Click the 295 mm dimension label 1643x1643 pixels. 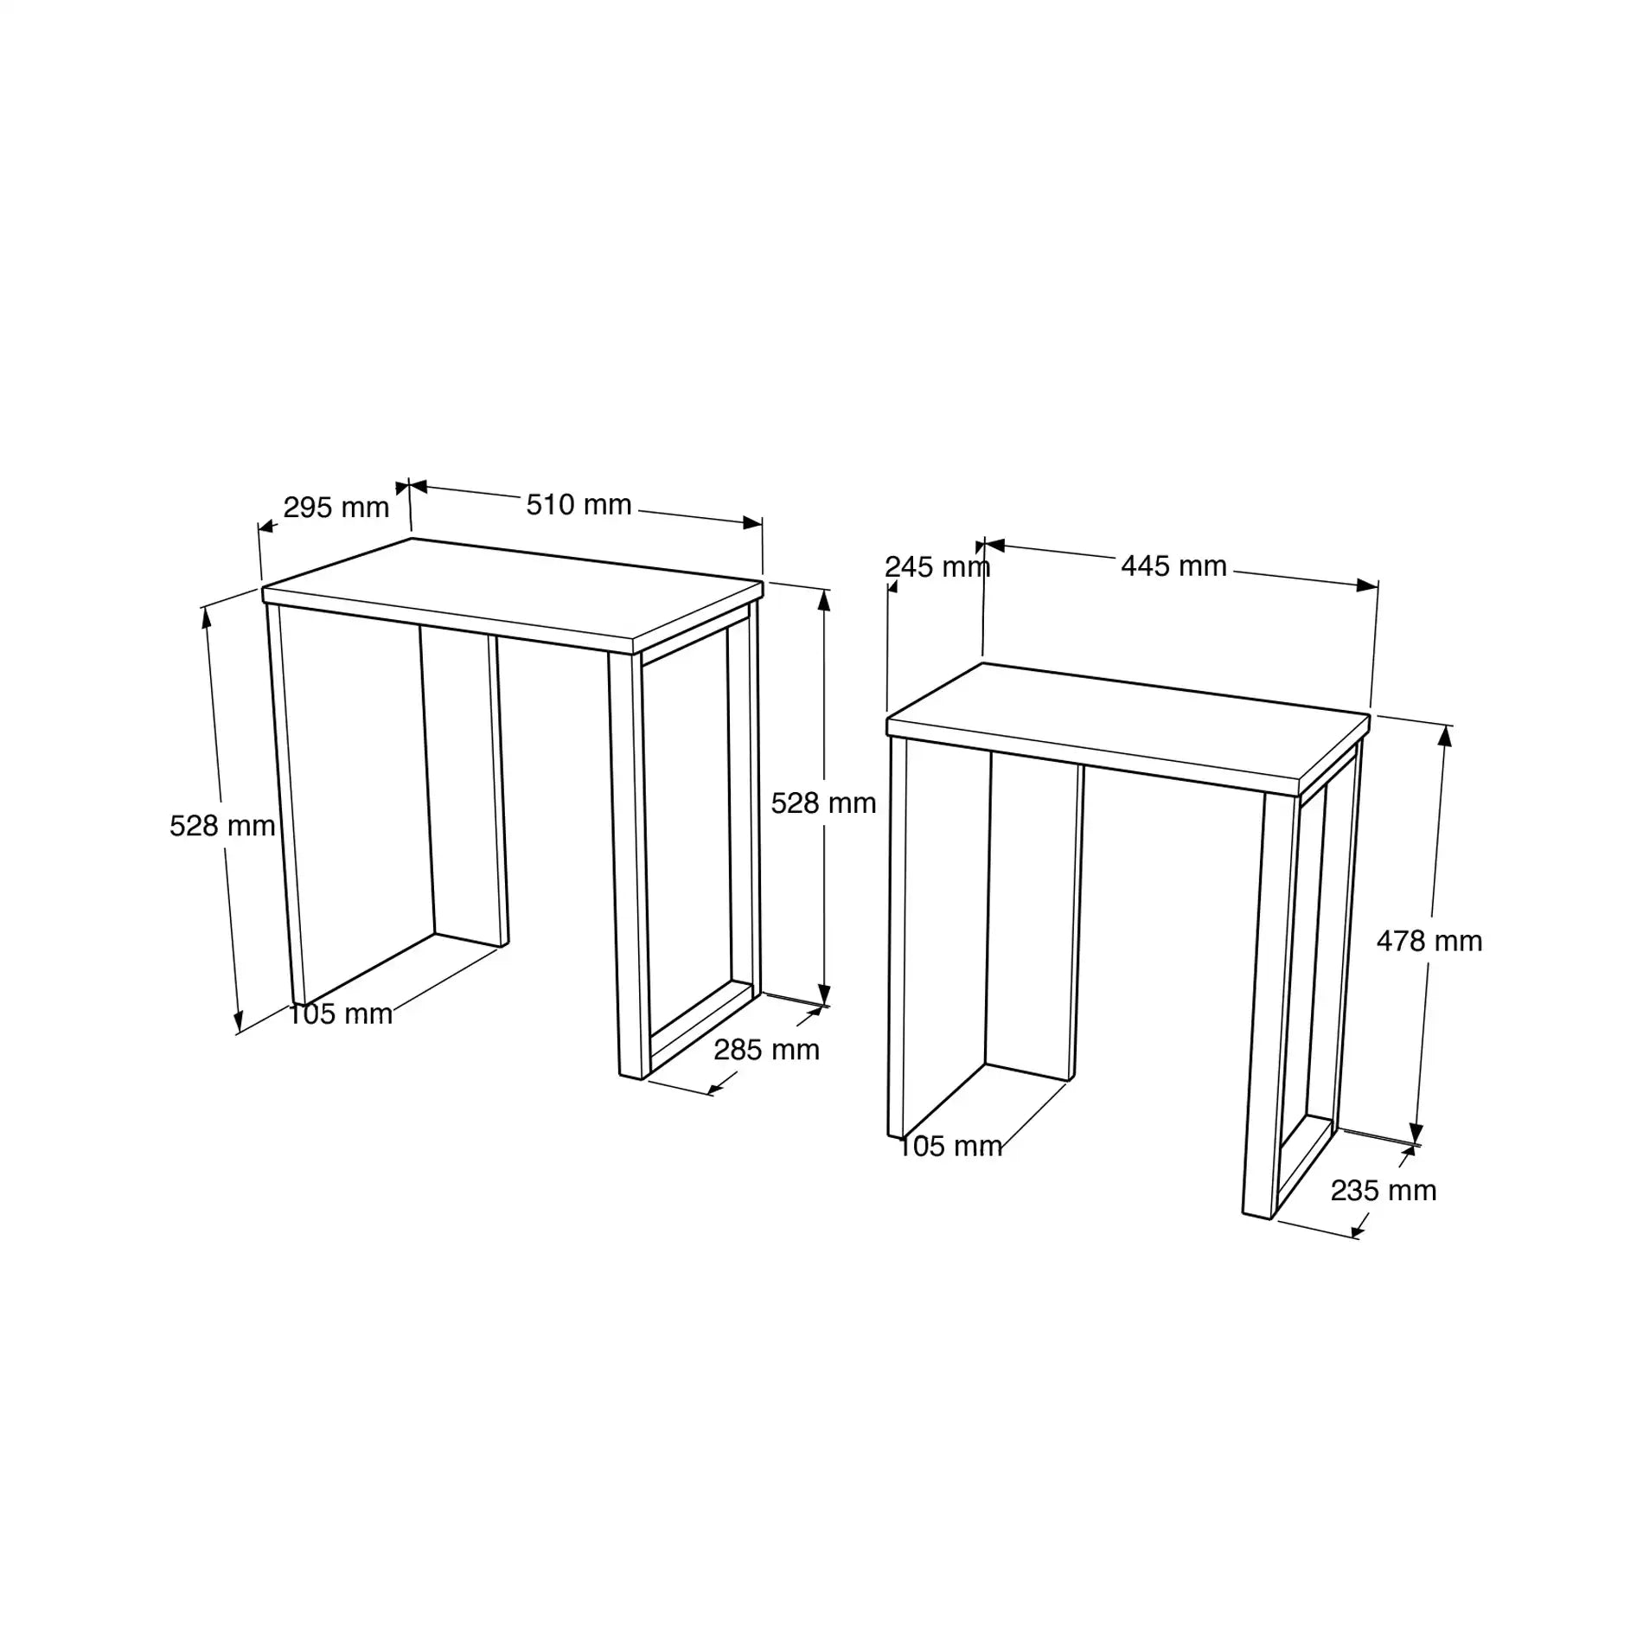tap(336, 508)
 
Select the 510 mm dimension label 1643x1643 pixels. tap(579, 505)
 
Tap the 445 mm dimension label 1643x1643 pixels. tap(1173, 566)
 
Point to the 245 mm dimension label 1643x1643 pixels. tap(937, 567)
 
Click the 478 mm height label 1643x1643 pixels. tap(1429, 941)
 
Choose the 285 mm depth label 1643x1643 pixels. tap(766, 1050)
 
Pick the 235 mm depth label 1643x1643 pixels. tap(1383, 1191)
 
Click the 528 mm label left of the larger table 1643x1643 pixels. tap(222, 826)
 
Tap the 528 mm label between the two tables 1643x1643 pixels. tap(823, 803)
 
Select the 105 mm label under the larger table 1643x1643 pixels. tap(340, 1014)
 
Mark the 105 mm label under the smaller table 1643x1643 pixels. tap(950, 1147)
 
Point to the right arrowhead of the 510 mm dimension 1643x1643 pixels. tap(753, 522)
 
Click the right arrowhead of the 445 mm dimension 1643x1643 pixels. tap(1368, 585)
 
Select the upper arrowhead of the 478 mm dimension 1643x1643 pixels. tap(1445, 736)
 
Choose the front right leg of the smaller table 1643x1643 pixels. tap(1262, 1003)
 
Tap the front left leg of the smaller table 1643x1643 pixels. tap(898, 934)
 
